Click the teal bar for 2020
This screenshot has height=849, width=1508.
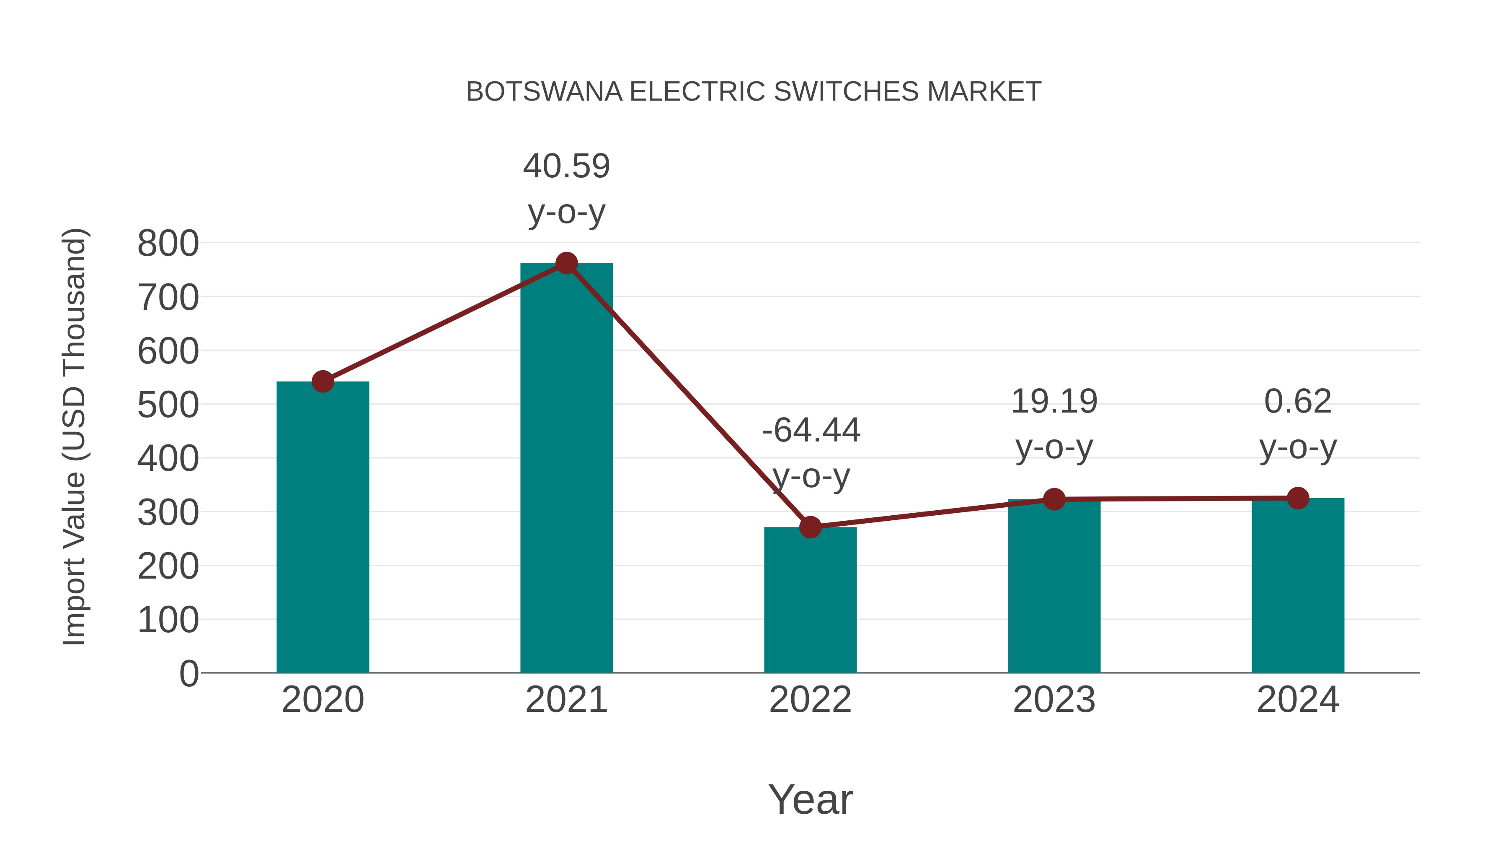click(x=323, y=527)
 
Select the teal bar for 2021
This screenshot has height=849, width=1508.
click(x=566, y=469)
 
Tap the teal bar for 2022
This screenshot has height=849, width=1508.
click(x=810, y=600)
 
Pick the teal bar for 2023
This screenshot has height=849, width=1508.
click(x=1054, y=586)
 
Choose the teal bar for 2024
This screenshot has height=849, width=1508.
click(x=1298, y=586)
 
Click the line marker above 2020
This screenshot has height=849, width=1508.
click(x=323, y=382)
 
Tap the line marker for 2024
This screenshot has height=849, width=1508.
click(x=1298, y=498)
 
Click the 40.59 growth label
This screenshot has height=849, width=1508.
click(x=566, y=166)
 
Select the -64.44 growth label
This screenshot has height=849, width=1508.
click(x=811, y=431)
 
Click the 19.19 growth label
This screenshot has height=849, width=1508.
click(x=1054, y=402)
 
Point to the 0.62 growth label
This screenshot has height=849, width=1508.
click(x=1298, y=402)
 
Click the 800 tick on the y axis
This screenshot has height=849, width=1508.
click(x=168, y=244)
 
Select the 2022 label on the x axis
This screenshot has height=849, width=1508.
click(x=810, y=700)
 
